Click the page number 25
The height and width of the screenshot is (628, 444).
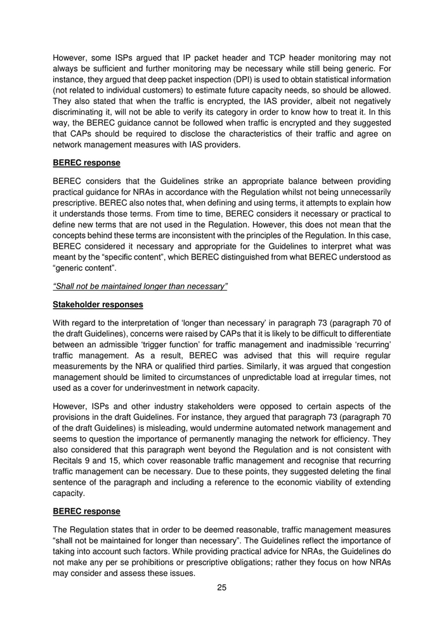[222, 587]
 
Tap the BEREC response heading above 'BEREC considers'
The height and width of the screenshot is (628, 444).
[86, 163]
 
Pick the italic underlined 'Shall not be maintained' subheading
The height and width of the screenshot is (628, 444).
[140, 286]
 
